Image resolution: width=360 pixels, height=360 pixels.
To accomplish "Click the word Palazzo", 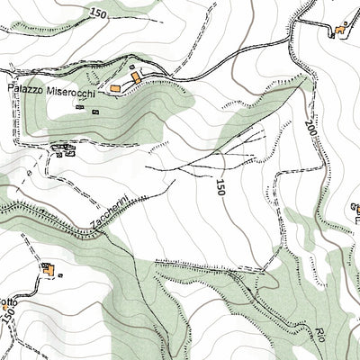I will point(27,90).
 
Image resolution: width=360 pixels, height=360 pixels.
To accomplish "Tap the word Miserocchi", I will point(74,90).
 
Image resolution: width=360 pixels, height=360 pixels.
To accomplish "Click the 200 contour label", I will point(310,133).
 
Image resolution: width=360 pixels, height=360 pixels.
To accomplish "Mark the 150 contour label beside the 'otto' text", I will point(8,314).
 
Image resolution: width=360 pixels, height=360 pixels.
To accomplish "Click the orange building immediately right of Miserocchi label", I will point(116,88).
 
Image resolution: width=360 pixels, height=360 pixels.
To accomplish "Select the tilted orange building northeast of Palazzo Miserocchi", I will point(135,79).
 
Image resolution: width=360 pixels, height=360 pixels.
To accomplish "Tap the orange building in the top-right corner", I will point(340,32).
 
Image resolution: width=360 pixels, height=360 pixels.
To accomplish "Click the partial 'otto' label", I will point(8,301).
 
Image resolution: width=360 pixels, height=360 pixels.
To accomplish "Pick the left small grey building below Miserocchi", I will point(80,108).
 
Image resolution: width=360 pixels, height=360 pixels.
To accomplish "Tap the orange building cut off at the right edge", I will point(356,210).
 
